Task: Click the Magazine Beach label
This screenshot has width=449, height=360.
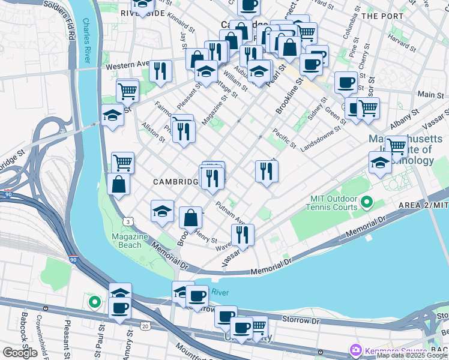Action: click(130, 241)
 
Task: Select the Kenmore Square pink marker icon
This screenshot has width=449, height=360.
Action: click(355, 350)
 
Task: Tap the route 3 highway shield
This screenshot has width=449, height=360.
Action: click(129, 222)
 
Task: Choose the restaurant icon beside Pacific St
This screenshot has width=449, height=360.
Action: click(266, 170)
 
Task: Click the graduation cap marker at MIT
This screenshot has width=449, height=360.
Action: click(380, 162)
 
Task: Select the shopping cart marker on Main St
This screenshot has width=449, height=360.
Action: click(368, 108)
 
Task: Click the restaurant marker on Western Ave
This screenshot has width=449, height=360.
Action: click(160, 71)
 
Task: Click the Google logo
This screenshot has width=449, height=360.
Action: click(20, 353)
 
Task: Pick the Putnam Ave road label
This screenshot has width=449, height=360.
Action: click(231, 212)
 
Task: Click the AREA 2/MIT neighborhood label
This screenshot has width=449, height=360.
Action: click(423, 205)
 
